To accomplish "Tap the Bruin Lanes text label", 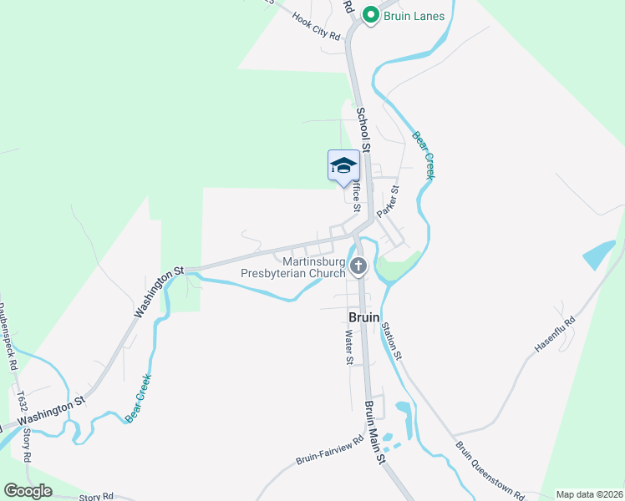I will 414,16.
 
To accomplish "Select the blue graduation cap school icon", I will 343,165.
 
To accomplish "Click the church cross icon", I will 358,267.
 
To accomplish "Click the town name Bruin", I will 364,318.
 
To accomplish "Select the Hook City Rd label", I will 317,26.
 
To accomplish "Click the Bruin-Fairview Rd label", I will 330,451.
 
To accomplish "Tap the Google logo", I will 28,491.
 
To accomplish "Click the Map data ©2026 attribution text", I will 589,494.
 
